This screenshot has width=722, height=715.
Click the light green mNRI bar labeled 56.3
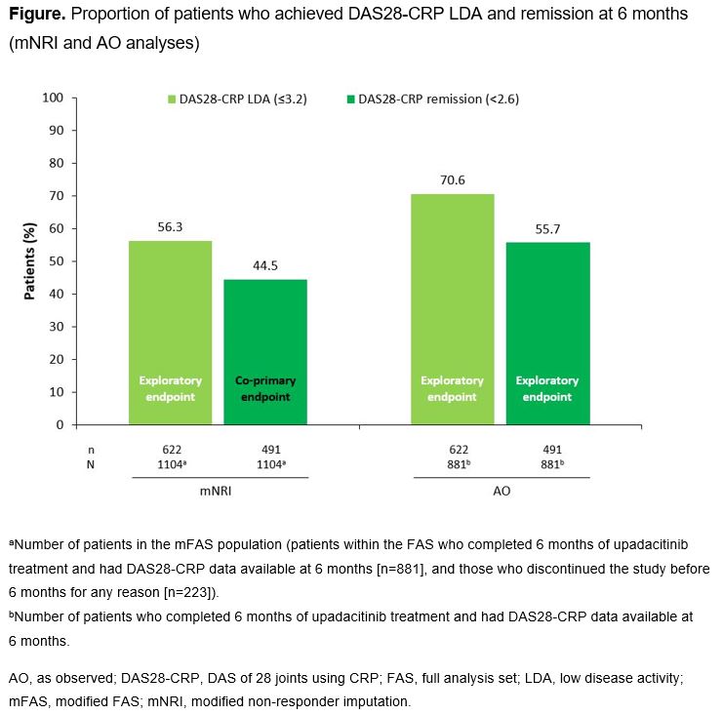click(170, 332)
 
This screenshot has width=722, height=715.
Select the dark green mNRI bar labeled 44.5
click(265, 351)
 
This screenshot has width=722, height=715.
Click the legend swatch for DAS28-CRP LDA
click(172, 99)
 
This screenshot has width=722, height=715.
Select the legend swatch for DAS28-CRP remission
click(350, 99)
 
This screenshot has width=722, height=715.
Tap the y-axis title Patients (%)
click(29, 261)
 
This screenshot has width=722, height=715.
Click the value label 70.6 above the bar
click(452, 179)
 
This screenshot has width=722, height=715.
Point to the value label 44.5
click(265, 265)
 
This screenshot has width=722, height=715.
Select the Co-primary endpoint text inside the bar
click(265, 388)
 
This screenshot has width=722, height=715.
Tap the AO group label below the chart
click(501, 492)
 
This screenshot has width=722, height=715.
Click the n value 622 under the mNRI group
click(170, 451)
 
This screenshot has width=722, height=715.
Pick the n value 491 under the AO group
click(547, 451)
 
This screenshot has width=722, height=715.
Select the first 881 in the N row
click(451, 464)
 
